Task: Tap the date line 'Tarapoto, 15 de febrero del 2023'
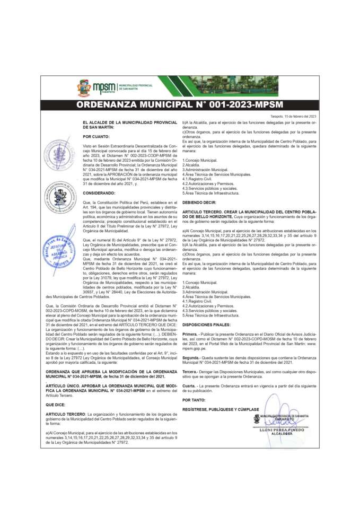pos(293,116)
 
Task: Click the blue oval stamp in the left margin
pos(59,248)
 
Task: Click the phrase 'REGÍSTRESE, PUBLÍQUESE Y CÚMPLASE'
pos(221,409)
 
